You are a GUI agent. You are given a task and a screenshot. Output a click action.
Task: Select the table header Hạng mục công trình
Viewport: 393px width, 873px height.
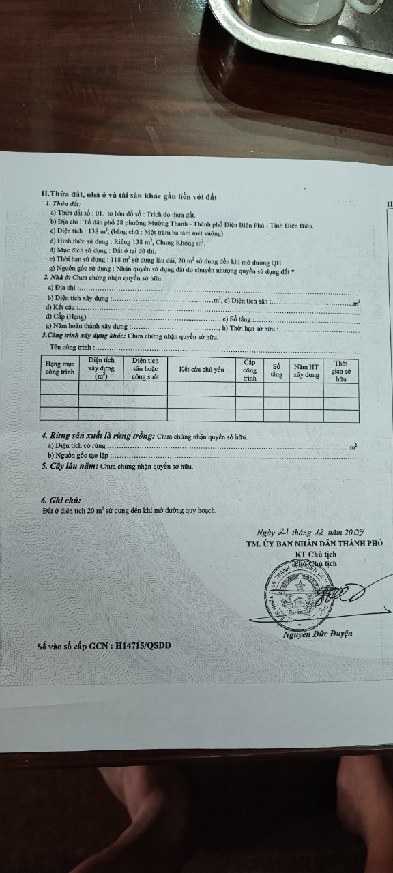tap(59, 368)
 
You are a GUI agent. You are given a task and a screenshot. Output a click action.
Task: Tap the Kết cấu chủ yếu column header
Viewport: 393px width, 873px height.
tap(201, 369)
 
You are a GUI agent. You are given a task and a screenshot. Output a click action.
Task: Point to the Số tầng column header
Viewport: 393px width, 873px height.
tap(276, 370)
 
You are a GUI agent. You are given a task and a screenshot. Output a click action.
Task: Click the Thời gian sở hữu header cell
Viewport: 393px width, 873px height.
tap(342, 370)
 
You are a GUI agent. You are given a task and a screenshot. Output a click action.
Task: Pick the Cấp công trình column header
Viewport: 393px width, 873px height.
tap(249, 369)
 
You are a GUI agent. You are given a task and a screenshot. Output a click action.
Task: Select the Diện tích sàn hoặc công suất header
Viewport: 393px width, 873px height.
tap(145, 368)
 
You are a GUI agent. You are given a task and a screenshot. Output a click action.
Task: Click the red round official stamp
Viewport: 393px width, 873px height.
tap(300, 589)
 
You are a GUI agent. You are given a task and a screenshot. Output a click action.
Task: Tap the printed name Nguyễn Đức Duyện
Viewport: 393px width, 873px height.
tap(317, 634)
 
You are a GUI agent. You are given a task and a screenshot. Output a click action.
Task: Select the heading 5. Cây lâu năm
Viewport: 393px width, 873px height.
tap(117, 467)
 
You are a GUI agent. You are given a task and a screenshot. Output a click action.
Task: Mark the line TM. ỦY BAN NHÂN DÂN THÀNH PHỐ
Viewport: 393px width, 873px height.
tap(314, 544)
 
